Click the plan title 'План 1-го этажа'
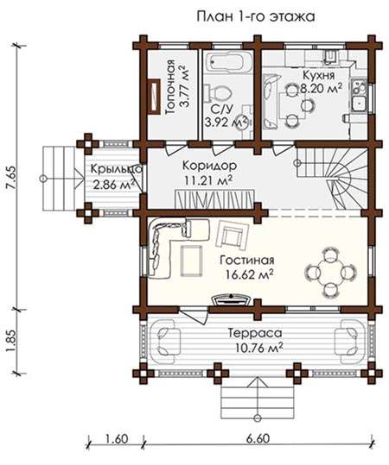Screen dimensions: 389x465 click(x=256, y=16)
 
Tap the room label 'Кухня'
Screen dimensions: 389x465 click(x=319, y=75)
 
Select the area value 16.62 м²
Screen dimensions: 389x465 click(x=249, y=274)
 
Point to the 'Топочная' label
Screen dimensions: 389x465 click(x=170, y=87)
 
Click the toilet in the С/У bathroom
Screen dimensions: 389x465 click(x=219, y=92)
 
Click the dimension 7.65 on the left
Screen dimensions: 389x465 click(x=12, y=177)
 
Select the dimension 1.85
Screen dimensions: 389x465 click(x=12, y=342)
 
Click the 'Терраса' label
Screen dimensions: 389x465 click(x=255, y=333)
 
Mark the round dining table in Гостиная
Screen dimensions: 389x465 click(x=331, y=272)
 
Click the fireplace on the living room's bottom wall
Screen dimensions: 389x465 click(x=232, y=299)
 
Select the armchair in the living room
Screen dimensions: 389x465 click(x=232, y=235)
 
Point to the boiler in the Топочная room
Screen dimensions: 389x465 click(x=155, y=96)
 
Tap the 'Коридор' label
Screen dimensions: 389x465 click(x=209, y=166)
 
